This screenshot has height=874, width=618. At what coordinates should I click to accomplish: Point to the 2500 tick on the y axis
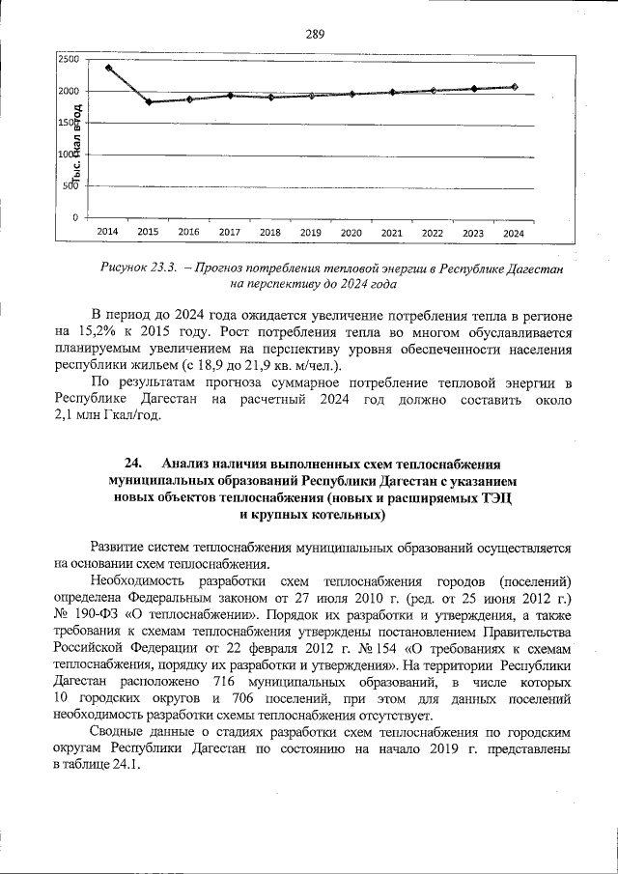tap(68, 60)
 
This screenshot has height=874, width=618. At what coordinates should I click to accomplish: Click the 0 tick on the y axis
tap(74, 217)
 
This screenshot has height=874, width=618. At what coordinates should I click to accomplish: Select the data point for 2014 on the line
tap(108, 68)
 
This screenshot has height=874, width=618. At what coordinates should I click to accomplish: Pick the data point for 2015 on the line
tap(148, 101)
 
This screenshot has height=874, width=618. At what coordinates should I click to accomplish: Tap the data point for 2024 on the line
tap(514, 87)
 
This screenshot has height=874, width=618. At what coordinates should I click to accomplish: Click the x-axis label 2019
tap(310, 233)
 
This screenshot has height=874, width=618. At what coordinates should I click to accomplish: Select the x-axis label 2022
tap(432, 233)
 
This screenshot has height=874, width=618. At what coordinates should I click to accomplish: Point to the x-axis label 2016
tap(188, 233)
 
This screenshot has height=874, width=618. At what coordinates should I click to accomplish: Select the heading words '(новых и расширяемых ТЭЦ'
tap(418, 498)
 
